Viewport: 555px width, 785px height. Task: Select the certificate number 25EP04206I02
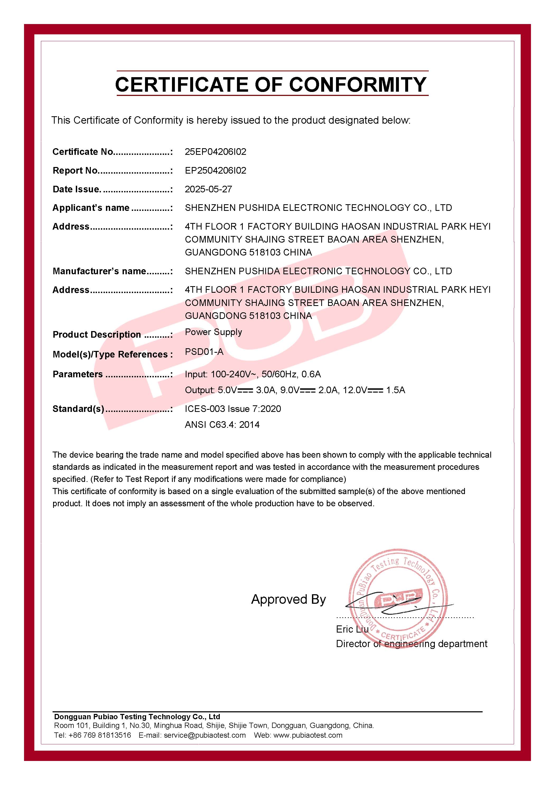tap(215, 152)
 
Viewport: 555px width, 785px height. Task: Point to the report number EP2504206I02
tap(215, 171)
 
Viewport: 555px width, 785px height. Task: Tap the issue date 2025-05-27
tap(208, 189)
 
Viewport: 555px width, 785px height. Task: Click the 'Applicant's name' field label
tap(91, 208)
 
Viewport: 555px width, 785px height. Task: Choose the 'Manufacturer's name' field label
tap(99, 271)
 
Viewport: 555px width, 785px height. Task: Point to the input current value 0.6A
tap(311, 374)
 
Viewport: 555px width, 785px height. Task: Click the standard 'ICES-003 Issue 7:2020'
tap(233, 409)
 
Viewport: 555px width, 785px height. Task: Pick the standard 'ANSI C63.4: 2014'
tap(222, 425)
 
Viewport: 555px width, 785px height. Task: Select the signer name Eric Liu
tap(352, 629)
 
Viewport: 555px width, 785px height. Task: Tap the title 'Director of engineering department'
tap(412, 644)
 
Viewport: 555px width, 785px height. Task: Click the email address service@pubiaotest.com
tap(205, 735)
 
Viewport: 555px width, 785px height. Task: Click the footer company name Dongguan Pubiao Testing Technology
tap(137, 717)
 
